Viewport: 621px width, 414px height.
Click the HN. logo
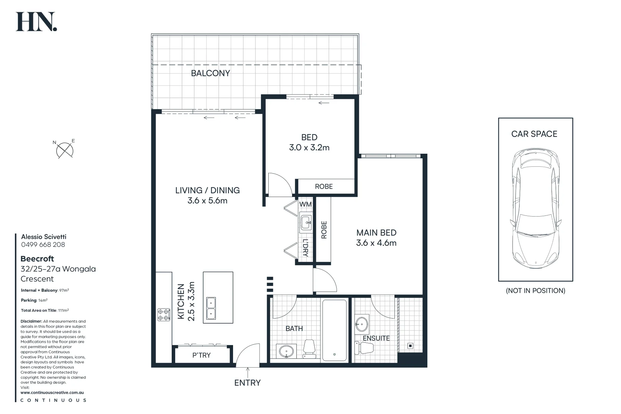(x=36, y=21)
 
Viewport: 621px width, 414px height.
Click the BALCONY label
(x=210, y=73)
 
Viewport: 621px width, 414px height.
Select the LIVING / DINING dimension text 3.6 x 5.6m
(x=207, y=200)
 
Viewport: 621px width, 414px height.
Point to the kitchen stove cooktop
(x=164, y=315)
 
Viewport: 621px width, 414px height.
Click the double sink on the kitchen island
(x=211, y=308)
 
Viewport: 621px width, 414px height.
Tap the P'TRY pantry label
(x=202, y=355)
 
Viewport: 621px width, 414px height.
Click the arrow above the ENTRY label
(x=248, y=372)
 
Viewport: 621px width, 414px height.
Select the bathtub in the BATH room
(x=335, y=330)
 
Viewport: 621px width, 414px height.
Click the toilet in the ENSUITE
(x=364, y=348)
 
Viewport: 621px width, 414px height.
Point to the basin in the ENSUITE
(x=362, y=324)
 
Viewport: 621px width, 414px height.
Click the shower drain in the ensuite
(x=410, y=346)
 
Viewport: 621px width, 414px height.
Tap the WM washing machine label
(x=306, y=204)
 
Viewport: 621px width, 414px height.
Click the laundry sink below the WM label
(x=306, y=222)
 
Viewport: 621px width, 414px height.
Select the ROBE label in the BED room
(x=324, y=186)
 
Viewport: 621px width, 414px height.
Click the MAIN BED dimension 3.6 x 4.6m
(x=376, y=243)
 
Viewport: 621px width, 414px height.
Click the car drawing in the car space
(x=536, y=208)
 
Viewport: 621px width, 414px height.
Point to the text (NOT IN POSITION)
(x=536, y=291)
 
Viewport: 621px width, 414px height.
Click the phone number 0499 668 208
(x=43, y=245)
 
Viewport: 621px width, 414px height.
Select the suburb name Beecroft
(x=37, y=259)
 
